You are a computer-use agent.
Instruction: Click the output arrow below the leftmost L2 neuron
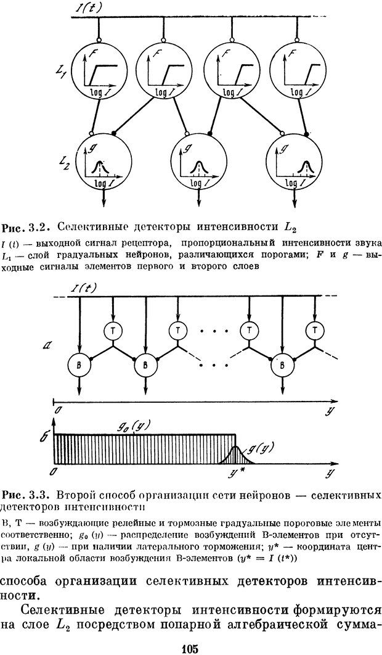click(x=104, y=199)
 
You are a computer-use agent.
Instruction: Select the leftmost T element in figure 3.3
click(x=113, y=331)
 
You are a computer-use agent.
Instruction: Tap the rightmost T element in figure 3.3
click(x=315, y=331)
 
